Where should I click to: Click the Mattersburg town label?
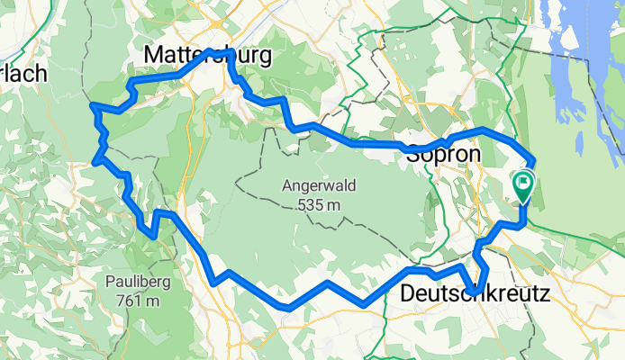pyautogui.click(x=208, y=57)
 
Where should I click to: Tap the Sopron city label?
pyautogui.click(x=444, y=154)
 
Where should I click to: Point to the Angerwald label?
pyautogui.click(x=319, y=187)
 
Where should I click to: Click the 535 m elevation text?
pyautogui.click(x=319, y=205)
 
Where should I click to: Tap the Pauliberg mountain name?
pyautogui.click(x=134, y=283)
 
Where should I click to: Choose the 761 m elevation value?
pyautogui.click(x=134, y=301)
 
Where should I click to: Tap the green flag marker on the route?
pyautogui.click(x=523, y=184)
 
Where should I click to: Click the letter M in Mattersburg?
pyautogui.click(x=154, y=57)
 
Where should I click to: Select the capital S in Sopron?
pyautogui.click(x=415, y=154)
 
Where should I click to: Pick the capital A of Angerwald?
pyautogui.click(x=287, y=187)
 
